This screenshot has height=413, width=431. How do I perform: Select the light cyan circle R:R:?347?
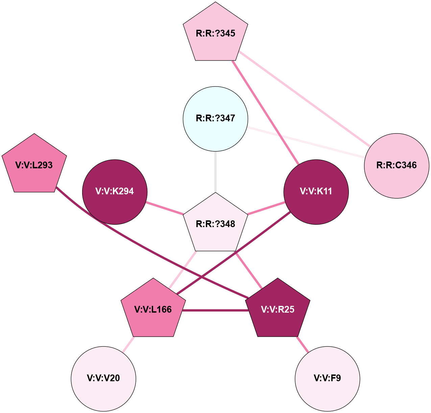(216, 119)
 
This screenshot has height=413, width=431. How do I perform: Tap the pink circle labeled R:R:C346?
(397, 166)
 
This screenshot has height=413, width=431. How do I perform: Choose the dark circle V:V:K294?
(115, 192)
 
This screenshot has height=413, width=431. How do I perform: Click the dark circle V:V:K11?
(316, 192)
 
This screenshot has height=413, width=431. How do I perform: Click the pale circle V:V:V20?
(103, 379)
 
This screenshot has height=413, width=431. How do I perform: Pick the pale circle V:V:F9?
(327, 379)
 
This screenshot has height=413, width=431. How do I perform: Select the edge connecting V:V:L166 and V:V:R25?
(215, 310)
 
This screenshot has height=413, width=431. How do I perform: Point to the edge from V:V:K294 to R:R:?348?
(165, 208)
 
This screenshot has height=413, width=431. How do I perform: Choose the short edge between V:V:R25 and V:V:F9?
(303, 344)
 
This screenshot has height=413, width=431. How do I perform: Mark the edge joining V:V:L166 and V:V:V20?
(128, 345)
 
